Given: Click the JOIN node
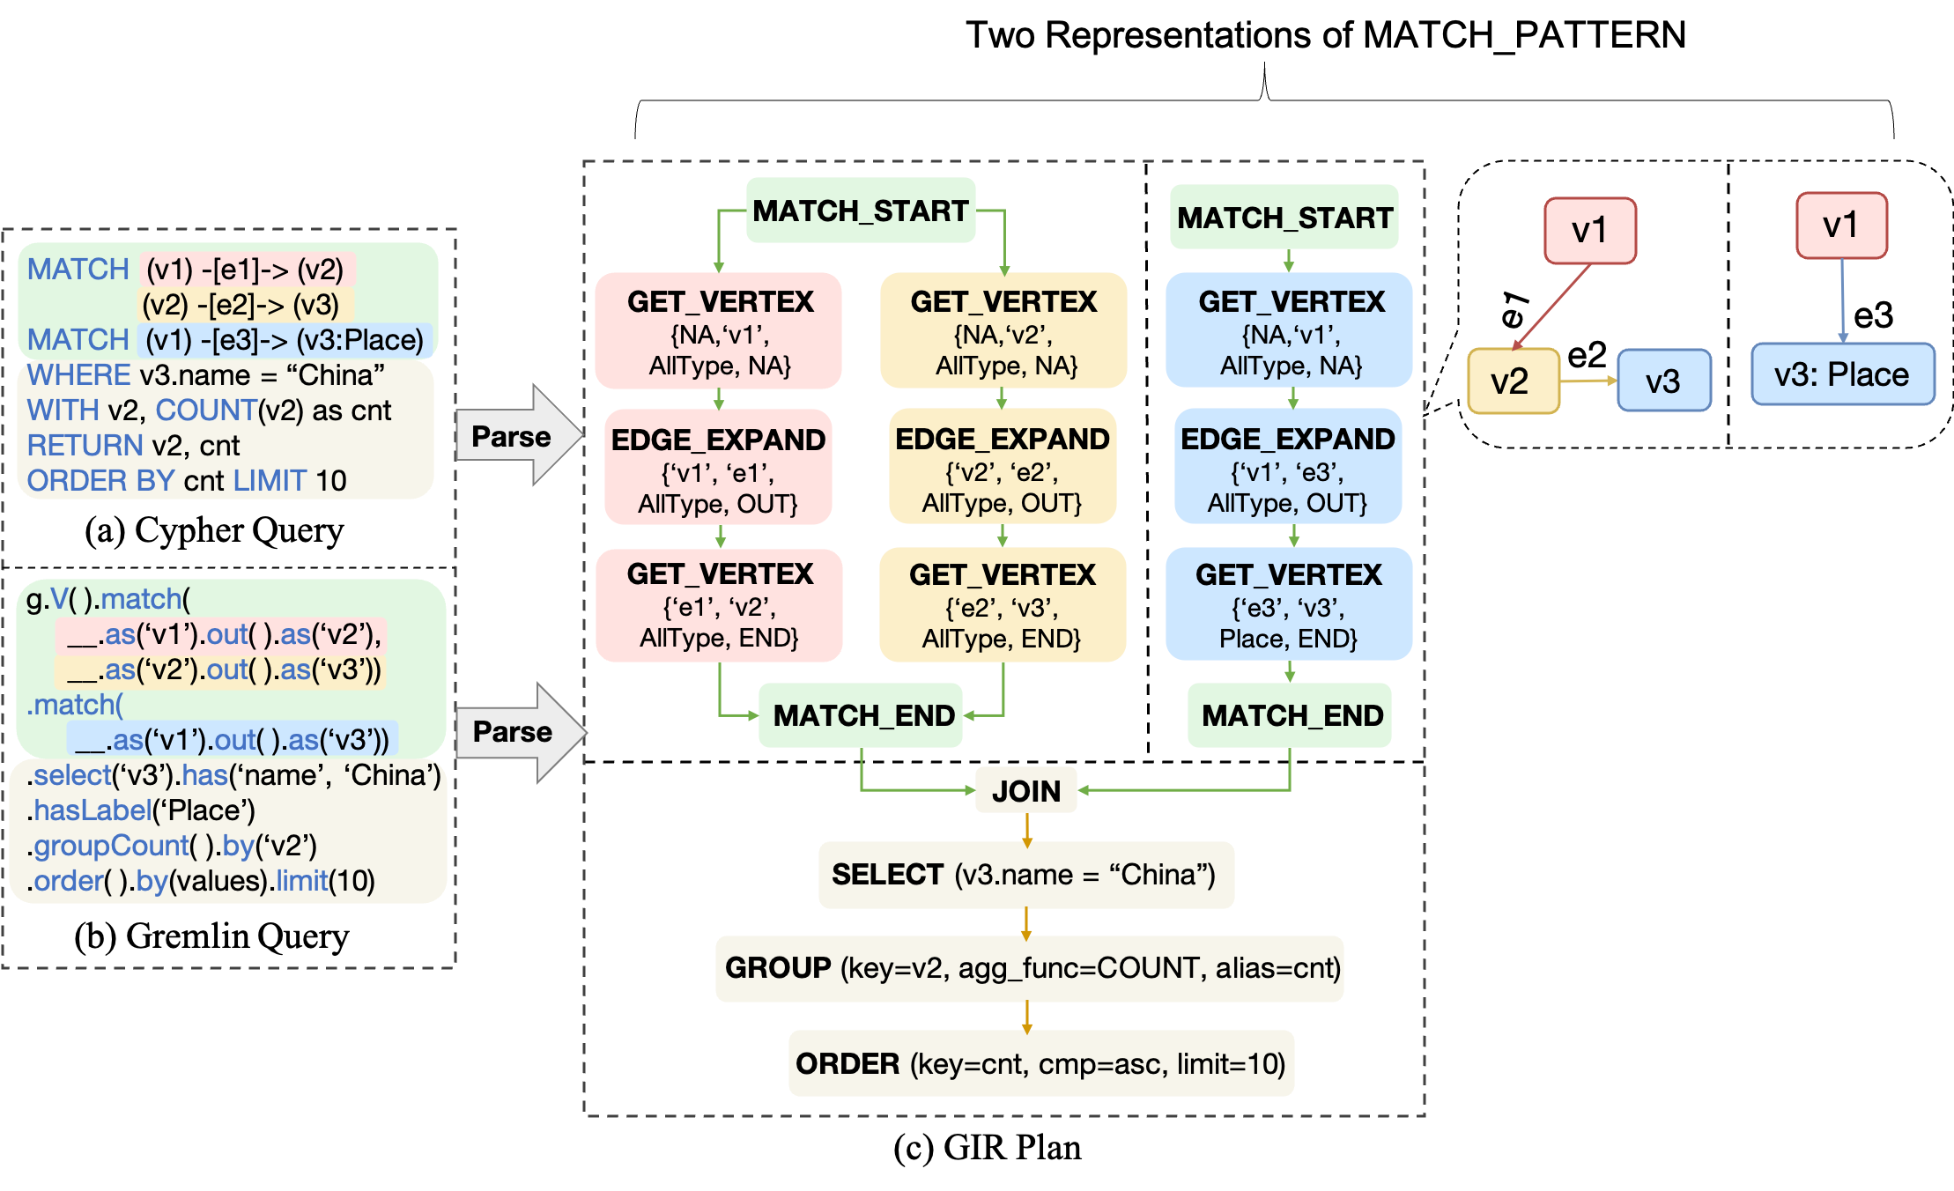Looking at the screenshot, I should pos(1025,790).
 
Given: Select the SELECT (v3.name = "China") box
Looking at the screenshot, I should pos(1025,875).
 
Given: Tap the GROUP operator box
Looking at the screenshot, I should pos(1029,968).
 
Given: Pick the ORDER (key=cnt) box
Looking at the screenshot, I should pos(1040,1063).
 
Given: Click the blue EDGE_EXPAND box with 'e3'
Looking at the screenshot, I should pos(1287,466).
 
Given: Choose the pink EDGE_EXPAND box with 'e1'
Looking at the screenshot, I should pos(718,467).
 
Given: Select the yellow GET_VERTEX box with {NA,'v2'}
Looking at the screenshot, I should pos(1003,331).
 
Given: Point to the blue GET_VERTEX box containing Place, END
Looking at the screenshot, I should pos(1288,604).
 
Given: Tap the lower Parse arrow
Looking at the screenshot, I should pos(518,731).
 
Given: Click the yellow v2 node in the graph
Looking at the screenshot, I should pos(1513,381).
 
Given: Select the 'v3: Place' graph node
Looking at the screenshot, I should pos(1842,374).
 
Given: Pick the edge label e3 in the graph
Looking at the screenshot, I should pos(1873,314).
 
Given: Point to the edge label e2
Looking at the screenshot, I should pos(1588,355).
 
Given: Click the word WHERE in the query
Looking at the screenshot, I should pos(78,375).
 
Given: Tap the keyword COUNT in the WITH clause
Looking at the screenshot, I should pos(206,411).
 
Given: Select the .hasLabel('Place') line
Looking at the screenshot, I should pos(141,810).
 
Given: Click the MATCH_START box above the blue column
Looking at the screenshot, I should pos(1284,217).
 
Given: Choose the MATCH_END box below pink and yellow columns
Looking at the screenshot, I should pos(861,715).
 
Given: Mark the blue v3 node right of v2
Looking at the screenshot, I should pos(1663,381).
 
